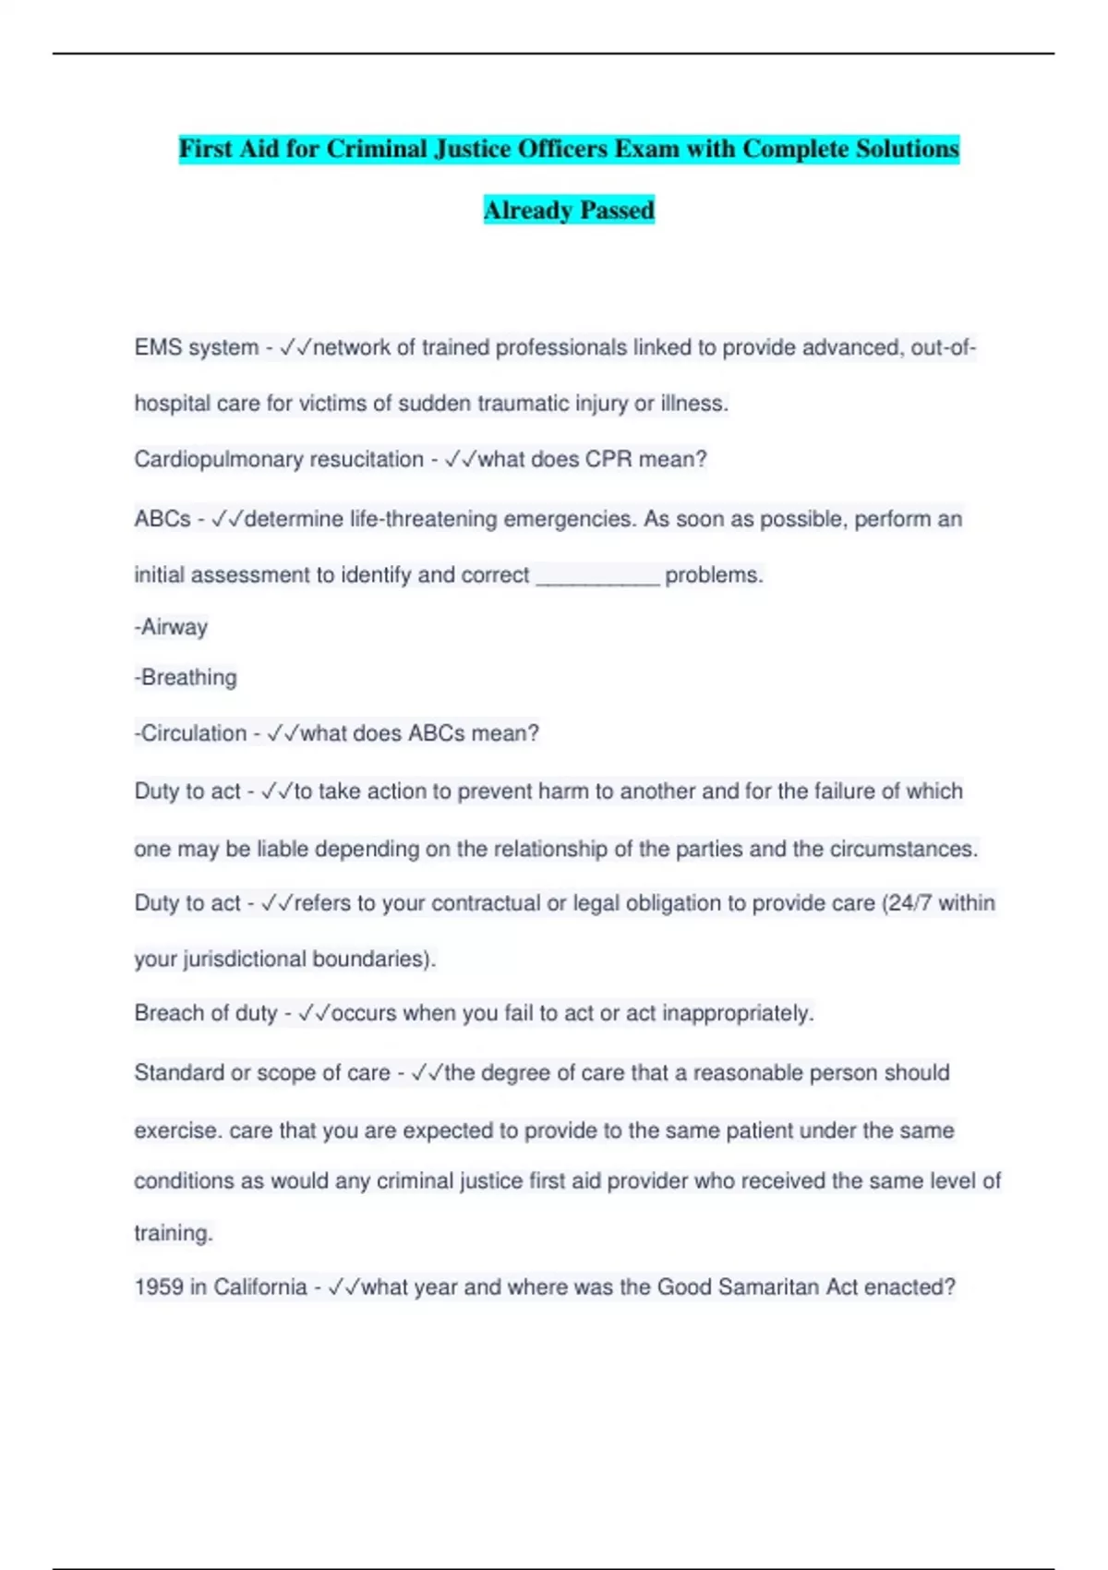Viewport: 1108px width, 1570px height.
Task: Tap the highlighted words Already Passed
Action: pyautogui.click(x=569, y=211)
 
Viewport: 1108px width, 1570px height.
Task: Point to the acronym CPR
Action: pyautogui.click(x=609, y=460)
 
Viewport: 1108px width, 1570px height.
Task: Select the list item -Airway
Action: pyautogui.click(x=171, y=627)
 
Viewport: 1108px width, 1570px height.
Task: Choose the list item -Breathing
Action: pyautogui.click(x=186, y=678)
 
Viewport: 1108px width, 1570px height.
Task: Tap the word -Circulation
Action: pyautogui.click(x=190, y=733)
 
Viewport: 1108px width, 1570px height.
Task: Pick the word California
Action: pyautogui.click(x=259, y=1287)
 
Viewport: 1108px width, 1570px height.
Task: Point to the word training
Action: pyautogui.click(x=173, y=1234)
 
